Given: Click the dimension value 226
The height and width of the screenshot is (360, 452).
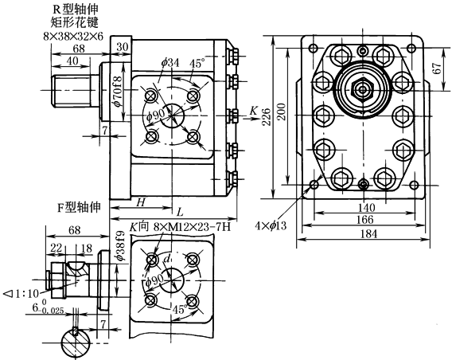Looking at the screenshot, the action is pyautogui.click(x=267, y=116).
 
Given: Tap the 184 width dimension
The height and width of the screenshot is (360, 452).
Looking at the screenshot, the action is pyautogui.click(x=368, y=233).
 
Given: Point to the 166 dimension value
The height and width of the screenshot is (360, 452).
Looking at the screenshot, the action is pyautogui.click(x=365, y=220).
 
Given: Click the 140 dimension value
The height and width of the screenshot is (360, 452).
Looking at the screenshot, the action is pyautogui.click(x=367, y=208).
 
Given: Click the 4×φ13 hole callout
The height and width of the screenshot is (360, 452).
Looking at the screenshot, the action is pyautogui.click(x=271, y=225).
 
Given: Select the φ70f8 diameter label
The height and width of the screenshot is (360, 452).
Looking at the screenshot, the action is pyautogui.click(x=118, y=88).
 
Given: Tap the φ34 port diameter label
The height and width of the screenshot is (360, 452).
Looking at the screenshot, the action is pyautogui.click(x=170, y=63).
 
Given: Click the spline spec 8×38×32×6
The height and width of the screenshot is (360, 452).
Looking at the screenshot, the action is pyautogui.click(x=73, y=37).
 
